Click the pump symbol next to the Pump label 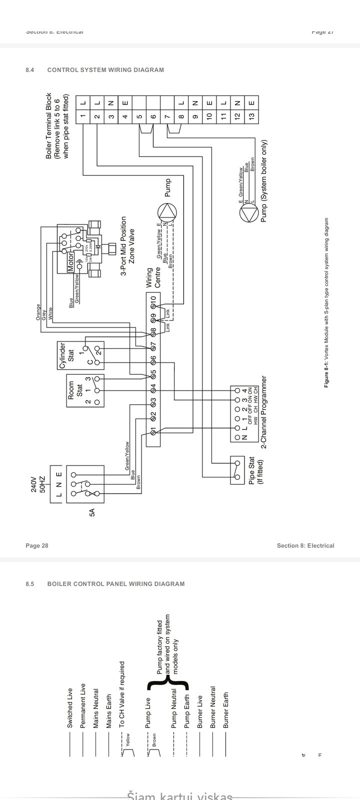point(167,213)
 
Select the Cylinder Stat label point(66,356)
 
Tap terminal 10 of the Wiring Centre point(153,300)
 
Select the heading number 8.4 point(29,70)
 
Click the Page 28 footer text point(37,545)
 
